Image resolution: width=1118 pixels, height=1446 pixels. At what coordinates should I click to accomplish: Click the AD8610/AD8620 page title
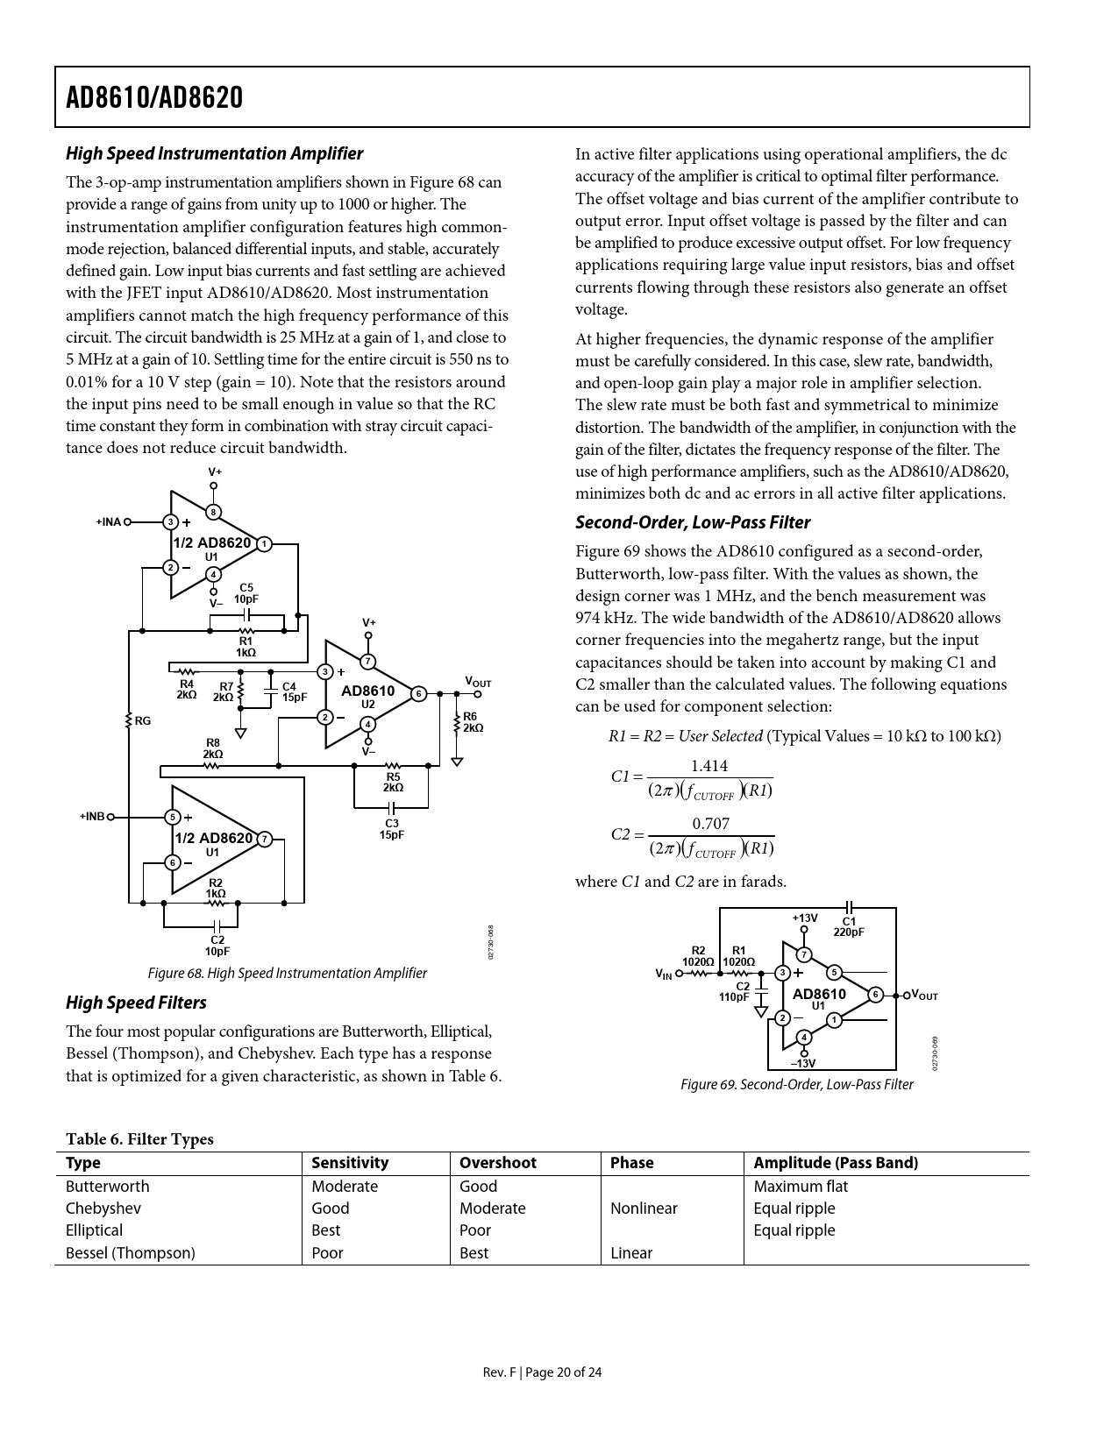coord(154,97)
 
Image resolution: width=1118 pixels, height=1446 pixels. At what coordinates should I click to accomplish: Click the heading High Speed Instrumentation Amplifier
coord(214,153)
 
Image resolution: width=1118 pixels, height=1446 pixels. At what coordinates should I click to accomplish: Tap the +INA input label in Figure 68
coord(109,522)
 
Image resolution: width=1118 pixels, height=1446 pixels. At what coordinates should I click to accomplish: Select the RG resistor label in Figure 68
coord(142,721)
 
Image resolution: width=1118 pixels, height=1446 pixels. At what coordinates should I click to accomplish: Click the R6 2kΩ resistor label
coord(473,722)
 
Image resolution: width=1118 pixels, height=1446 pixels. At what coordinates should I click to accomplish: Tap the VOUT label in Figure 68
coord(477,682)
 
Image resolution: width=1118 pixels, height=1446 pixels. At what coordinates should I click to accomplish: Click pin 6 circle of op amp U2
coord(419,694)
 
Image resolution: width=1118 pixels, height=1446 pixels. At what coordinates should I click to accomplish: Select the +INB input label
coord(92,817)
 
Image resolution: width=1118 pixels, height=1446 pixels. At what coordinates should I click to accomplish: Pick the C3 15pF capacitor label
coord(391,829)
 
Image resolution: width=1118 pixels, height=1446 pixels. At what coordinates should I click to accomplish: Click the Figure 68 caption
coord(287,973)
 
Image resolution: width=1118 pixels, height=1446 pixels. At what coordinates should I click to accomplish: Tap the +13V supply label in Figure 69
coord(805,918)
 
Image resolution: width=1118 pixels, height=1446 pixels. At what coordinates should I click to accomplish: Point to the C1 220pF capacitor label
coord(849,926)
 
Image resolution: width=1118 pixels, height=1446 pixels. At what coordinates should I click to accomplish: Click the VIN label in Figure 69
coord(664,974)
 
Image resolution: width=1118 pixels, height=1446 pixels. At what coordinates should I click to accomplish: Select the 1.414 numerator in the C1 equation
coord(709,766)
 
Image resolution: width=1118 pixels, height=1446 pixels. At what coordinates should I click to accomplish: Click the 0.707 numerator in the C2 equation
coord(710,824)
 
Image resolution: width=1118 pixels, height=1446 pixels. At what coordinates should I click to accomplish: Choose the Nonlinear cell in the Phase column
coord(644,1209)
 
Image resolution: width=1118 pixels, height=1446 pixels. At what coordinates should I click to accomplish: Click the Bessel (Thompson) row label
coord(131,1253)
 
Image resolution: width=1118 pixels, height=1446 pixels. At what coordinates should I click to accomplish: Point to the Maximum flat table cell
coord(801,1187)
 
